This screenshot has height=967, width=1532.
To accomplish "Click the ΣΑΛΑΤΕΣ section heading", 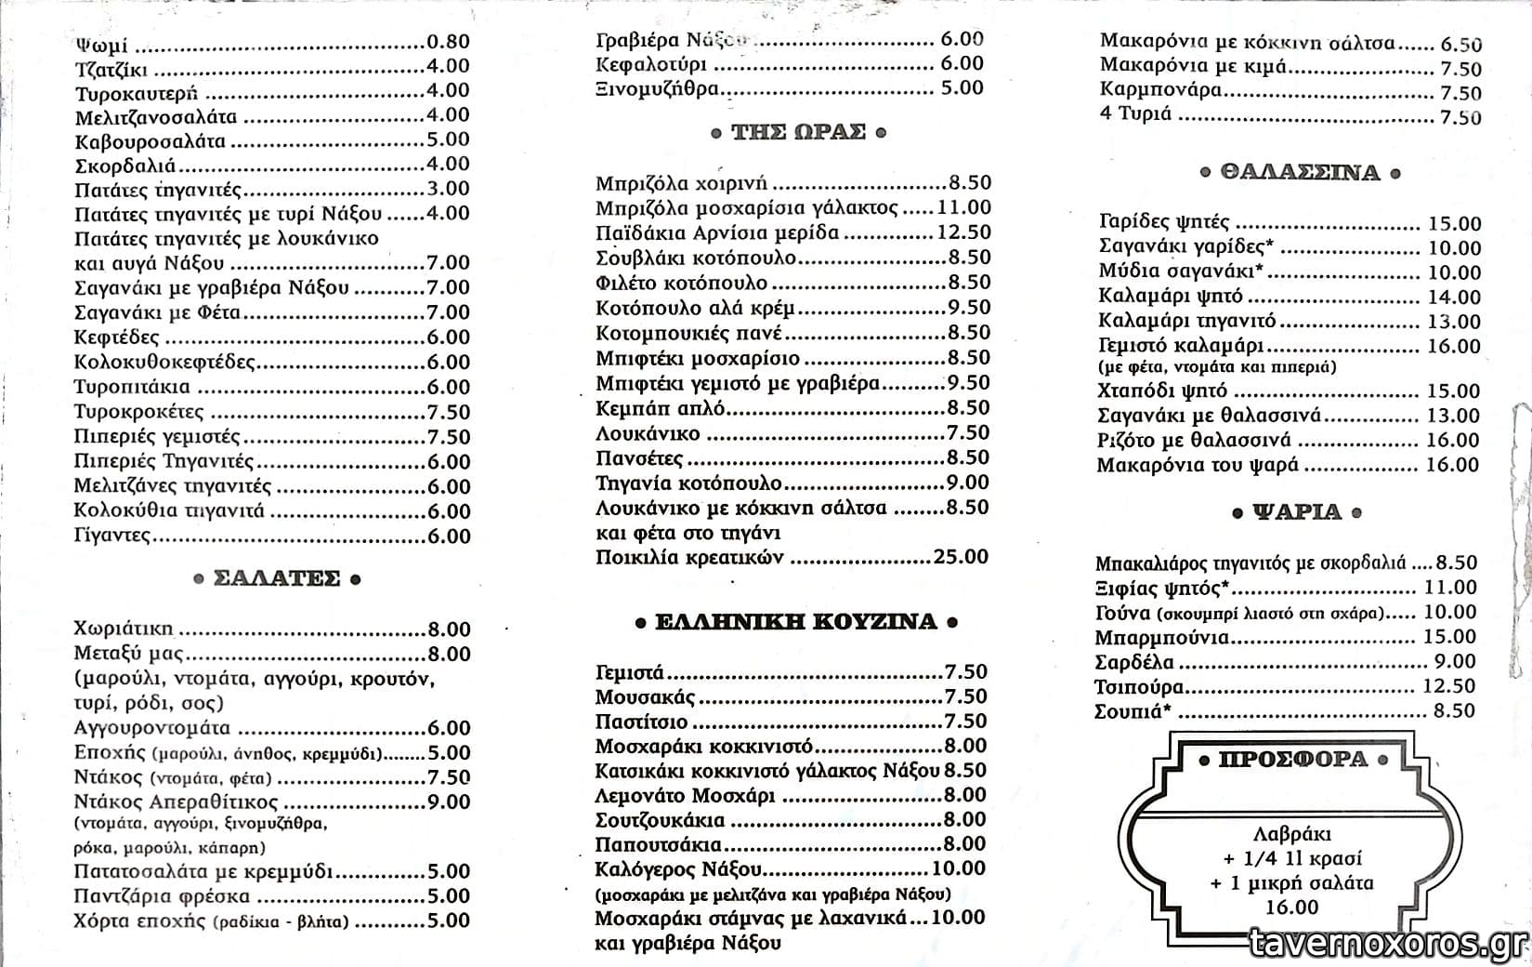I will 277,578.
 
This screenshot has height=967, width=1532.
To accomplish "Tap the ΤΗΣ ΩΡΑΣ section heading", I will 798,132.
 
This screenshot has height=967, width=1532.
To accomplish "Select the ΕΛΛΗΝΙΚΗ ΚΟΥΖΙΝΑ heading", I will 795,622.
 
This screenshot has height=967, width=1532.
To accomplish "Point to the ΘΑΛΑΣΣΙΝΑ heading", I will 1300,173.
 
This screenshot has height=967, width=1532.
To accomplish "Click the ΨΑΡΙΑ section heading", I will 1298,512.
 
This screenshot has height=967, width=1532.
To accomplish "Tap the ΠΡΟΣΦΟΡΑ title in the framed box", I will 1292,760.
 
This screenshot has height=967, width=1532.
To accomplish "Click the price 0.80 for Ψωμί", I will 448,42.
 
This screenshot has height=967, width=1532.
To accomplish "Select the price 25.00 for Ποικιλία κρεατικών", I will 961,557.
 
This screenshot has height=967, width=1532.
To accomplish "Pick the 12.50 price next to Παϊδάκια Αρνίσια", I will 963,232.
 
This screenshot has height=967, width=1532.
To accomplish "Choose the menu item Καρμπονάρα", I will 1160,90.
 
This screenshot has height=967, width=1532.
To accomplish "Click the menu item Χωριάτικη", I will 123,629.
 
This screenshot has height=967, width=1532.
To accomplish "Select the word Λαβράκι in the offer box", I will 1290,833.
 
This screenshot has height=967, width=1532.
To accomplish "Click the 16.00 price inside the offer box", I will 1291,907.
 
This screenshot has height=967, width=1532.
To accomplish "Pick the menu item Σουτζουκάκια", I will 660,820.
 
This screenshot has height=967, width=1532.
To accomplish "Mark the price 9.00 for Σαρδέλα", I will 1455,661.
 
